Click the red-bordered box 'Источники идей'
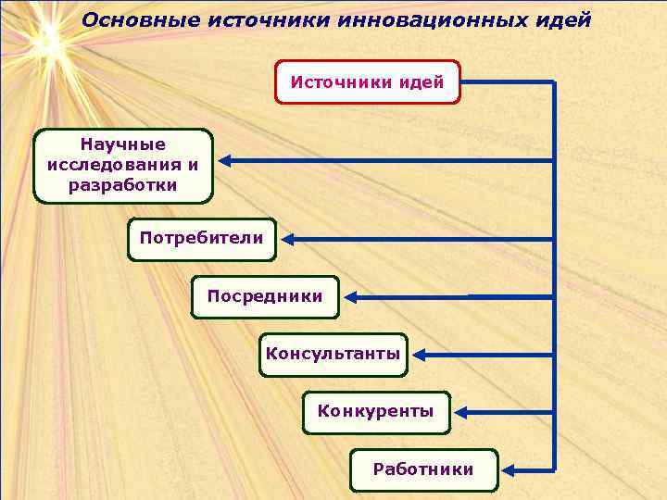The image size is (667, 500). (368, 82)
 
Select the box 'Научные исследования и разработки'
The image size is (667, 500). (123, 166)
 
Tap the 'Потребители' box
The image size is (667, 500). (201, 238)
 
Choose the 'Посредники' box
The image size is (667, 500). (265, 297)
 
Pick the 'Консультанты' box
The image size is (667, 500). (333, 355)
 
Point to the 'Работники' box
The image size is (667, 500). (423, 469)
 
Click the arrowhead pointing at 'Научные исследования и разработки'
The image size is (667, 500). (226, 161)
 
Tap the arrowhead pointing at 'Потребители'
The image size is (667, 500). (289, 239)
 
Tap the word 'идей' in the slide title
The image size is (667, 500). (560, 19)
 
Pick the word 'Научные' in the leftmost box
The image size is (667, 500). (123, 144)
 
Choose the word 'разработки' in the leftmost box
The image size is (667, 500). (123, 185)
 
